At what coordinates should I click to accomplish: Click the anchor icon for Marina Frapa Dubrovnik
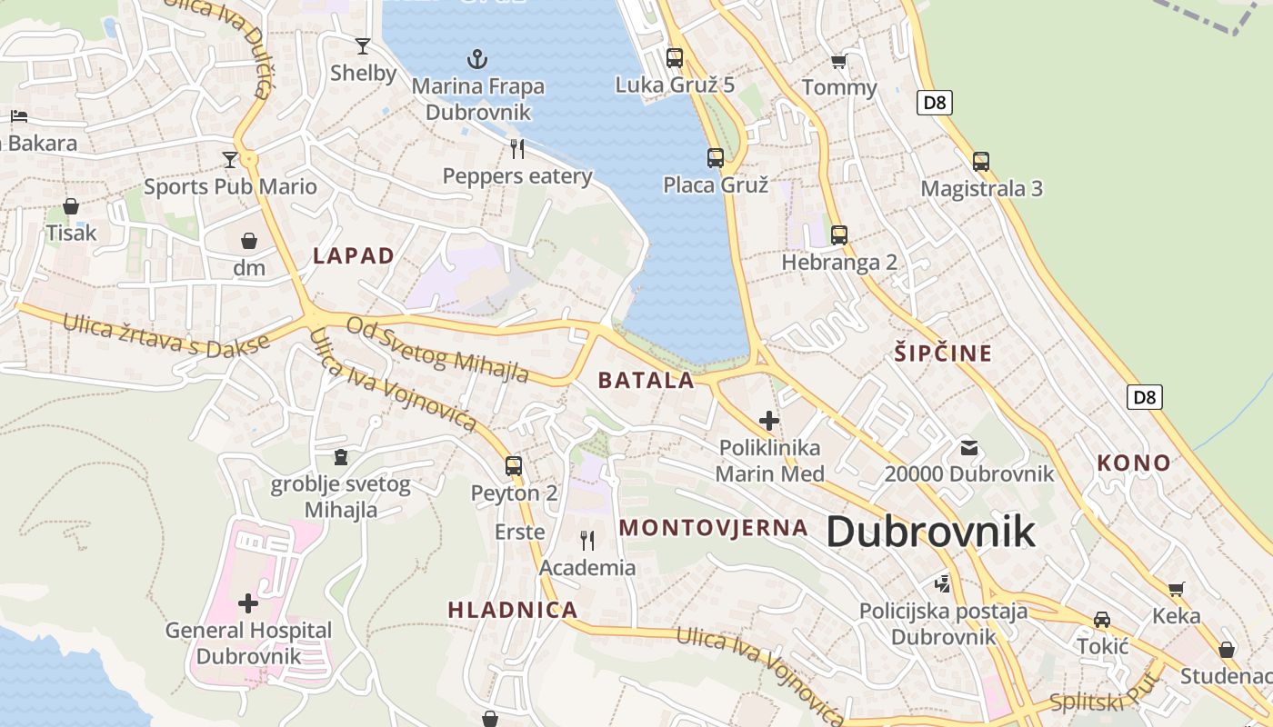click(477, 60)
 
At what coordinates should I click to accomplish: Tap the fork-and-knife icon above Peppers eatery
click(517, 149)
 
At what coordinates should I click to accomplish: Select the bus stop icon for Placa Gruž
click(716, 158)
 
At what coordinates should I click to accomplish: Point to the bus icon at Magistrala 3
click(981, 162)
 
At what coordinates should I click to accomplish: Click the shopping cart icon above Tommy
click(838, 61)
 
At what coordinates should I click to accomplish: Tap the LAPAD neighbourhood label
click(354, 256)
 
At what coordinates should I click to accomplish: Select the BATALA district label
click(647, 381)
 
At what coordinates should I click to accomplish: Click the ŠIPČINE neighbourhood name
click(942, 354)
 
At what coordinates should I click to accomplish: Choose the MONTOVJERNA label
click(714, 528)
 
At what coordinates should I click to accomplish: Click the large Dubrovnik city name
click(930, 532)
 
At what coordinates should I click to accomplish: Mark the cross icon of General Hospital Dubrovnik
click(247, 603)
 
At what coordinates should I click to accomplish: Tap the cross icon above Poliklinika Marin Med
click(769, 421)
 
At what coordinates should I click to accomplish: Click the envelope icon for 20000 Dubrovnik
click(969, 447)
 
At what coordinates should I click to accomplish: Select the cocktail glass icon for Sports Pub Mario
click(229, 160)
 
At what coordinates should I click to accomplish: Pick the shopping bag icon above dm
click(248, 241)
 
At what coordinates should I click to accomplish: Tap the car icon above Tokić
click(1102, 620)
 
